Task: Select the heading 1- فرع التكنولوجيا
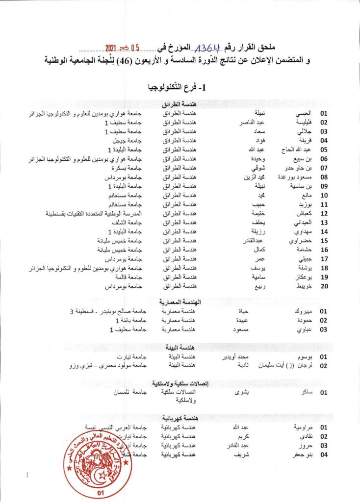tap(179, 88)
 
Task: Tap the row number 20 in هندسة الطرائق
tap(323, 286)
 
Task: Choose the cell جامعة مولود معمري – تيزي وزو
tap(108, 365)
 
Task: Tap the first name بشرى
tap(243, 393)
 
